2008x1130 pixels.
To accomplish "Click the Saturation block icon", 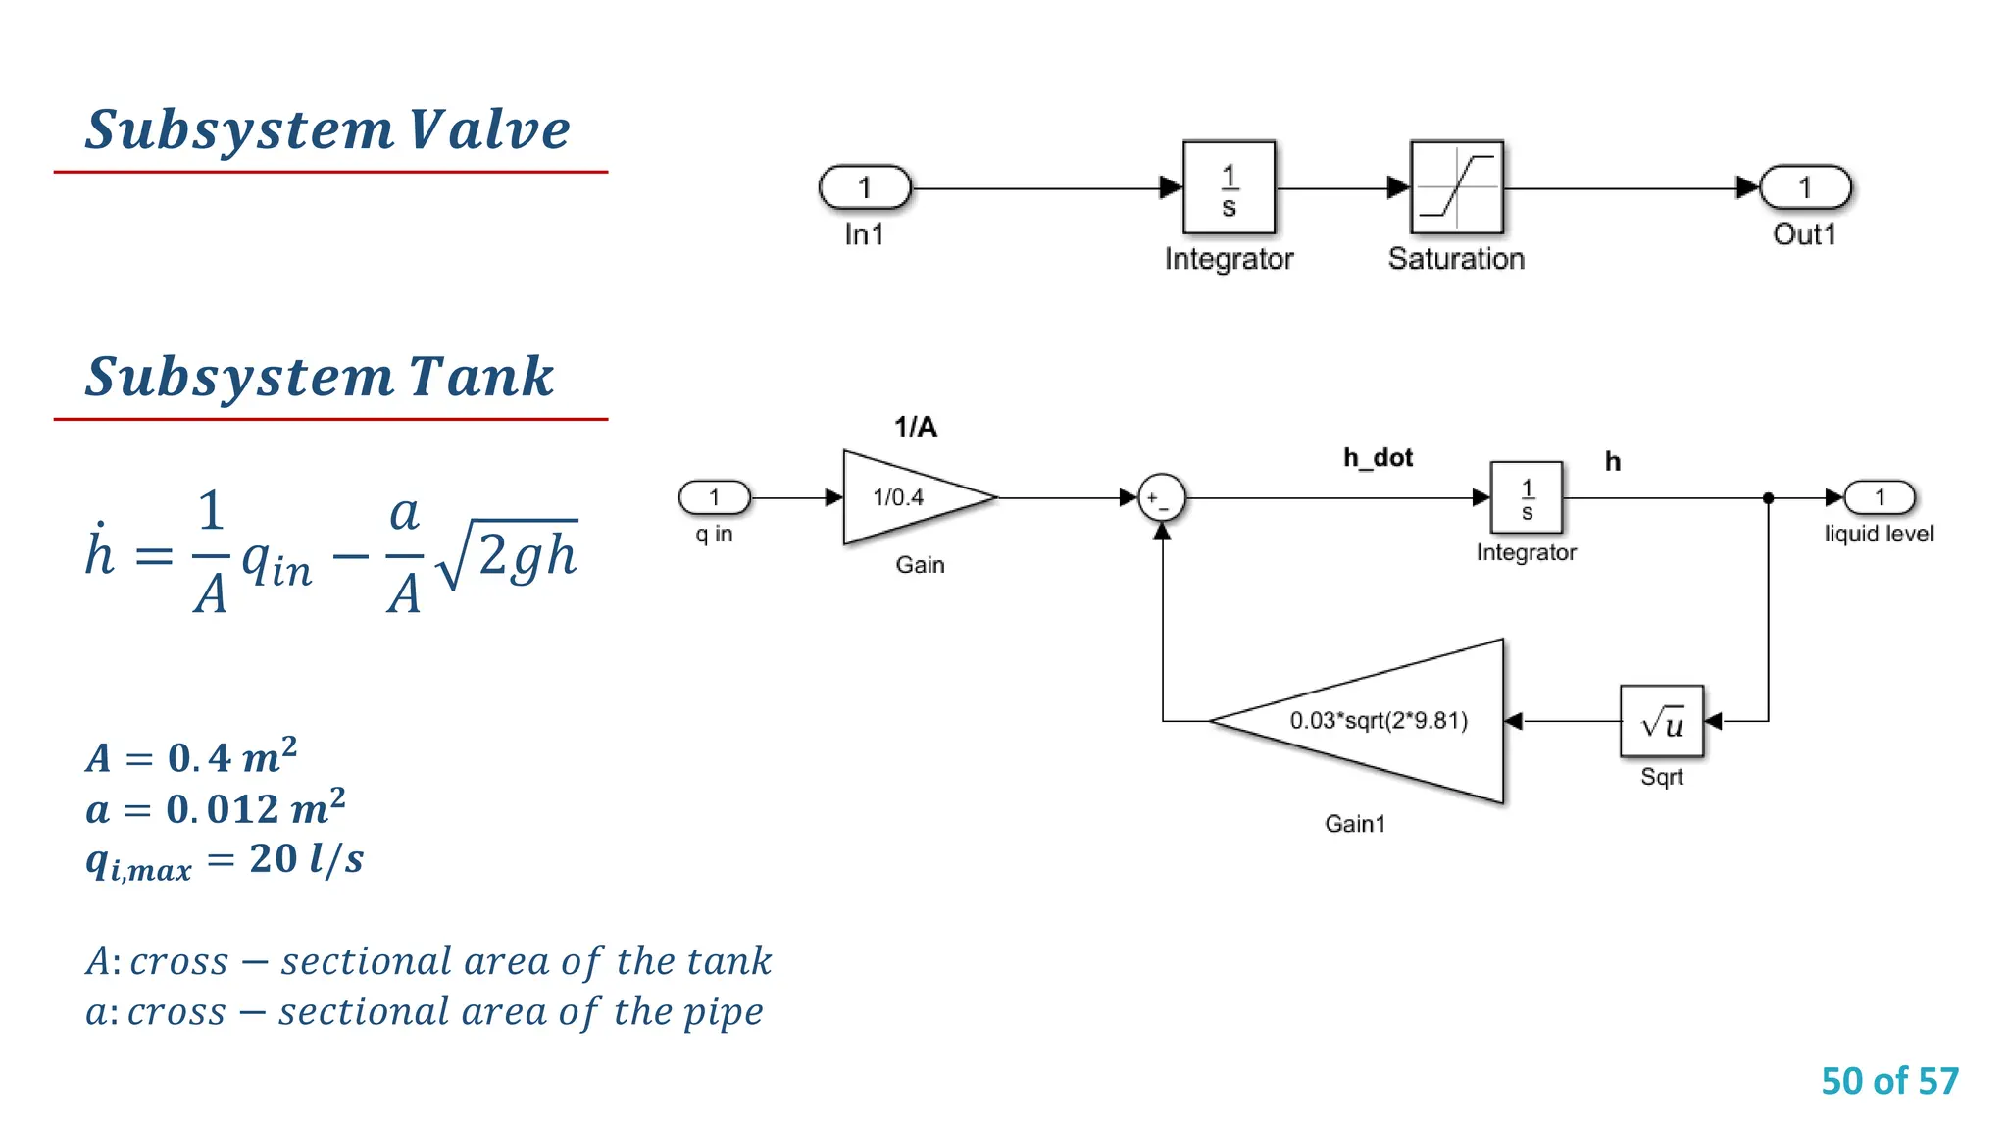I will pyautogui.click(x=1456, y=186).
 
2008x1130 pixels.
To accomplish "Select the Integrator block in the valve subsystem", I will pyautogui.click(x=1229, y=186).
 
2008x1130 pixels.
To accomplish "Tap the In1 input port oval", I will pyautogui.click(x=865, y=187).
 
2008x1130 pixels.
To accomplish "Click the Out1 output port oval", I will pyautogui.click(x=1805, y=187).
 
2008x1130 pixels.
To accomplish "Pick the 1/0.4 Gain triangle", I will pyautogui.click(x=907, y=497).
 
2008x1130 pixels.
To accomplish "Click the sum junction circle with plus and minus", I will pyautogui.click(x=1161, y=498).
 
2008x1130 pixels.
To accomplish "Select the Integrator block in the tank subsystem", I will pyautogui.click(x=1526, y=497).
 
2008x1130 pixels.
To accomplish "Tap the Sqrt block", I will pyautogui.click(x=1662, y=722).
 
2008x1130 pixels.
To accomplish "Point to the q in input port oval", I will pyautogui.click(x=715, y=497).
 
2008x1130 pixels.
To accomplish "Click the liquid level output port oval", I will pyautogui.click(x=1880, y=497).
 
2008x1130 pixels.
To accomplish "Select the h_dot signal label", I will pyautogui.click(x=1378, y=457).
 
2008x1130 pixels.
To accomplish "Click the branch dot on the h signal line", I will pyautogui.click(x=1768, y=498).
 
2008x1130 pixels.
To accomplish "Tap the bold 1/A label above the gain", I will pyautogui.click(x=915, y=427).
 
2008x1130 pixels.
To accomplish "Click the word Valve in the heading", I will pyautogui.click(x=489, y=129).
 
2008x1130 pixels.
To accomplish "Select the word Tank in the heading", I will pyautogui.click(x=480, y=377).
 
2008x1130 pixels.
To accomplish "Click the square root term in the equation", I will pyautogui.click(x=510, y=554).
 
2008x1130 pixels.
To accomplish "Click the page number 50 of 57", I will pyautogui.click(x=1889, y=1081).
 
